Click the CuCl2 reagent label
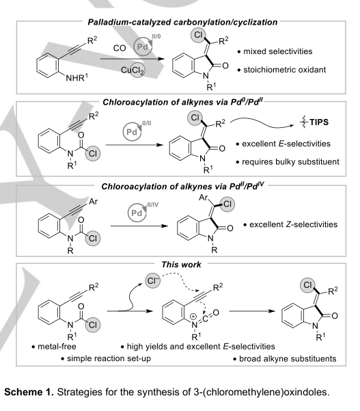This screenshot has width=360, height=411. coord(133,70)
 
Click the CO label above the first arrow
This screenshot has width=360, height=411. coord(120,49)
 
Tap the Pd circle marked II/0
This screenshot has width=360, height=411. coord(143,47)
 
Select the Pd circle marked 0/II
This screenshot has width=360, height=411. coord(132,132)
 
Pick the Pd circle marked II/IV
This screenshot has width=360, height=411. coord(137,213)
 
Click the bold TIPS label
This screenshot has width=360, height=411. coord(319,122)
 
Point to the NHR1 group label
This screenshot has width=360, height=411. coord(77,78)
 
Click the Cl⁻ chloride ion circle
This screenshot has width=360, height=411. coord(153,281)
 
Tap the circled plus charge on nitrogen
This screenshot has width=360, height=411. coord(193,317)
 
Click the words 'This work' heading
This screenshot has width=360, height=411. coord(181,265)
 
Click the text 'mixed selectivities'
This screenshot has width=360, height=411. coord(278,51)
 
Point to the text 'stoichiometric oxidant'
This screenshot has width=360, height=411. coord(285,70)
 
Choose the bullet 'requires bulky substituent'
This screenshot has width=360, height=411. coord(290,162)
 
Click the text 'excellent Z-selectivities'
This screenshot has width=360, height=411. coord(293,224)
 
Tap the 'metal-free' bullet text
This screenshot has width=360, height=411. coord(57,347)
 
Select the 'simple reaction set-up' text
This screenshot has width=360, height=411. coord(109,358)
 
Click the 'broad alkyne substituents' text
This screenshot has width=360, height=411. coord(288,358)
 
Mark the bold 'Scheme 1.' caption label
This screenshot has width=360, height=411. coord(29,392)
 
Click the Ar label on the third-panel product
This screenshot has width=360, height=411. coord(203,197)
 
